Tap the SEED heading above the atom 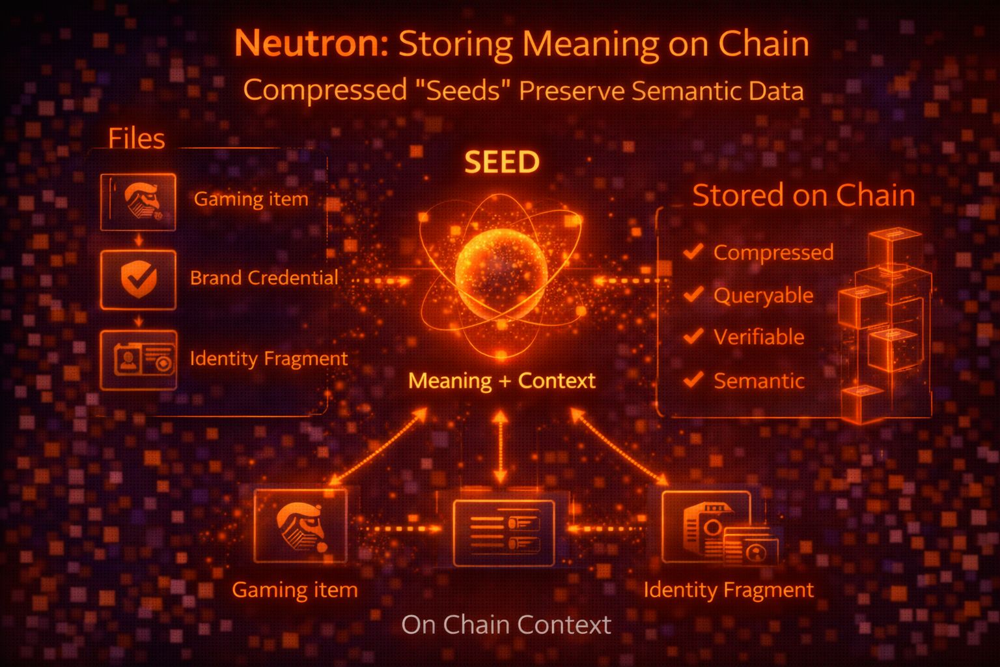(502, 162)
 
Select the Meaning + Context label (501, 380)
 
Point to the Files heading (137, 138)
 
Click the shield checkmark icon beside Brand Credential (138, 279)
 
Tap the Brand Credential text (264, 278)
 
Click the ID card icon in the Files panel (138, 360)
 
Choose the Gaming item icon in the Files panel (138, 201)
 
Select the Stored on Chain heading (803, 195)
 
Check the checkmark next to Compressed (694, 251)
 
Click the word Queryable (763, 296)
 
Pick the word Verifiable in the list (758, 337)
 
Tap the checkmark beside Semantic (694, 379)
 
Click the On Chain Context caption (506, 625)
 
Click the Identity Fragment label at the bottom (728, 590)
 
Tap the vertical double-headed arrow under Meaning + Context (500, 447)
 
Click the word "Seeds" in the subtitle (464, 91)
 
